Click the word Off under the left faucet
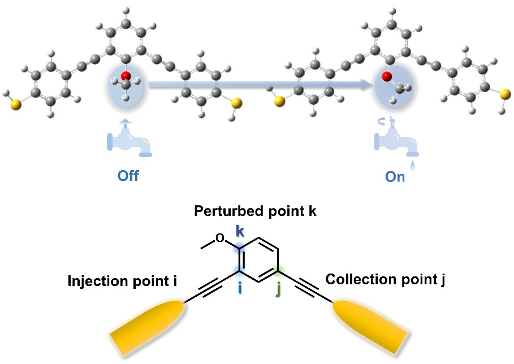coord(128,175)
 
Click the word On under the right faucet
coord(395,177)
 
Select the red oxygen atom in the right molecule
coord(388,76)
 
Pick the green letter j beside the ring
coord(278,290)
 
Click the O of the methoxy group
coord(221,237)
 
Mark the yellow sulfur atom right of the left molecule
coord(236,103)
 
